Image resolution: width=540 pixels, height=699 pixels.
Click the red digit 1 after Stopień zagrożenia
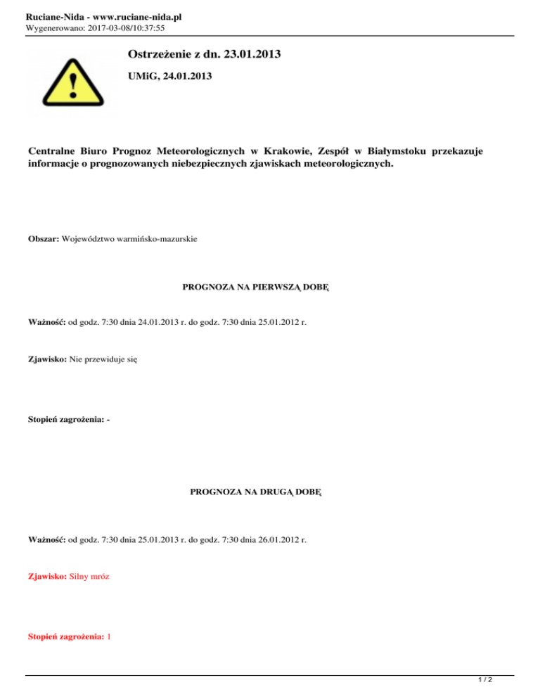pos(109,636)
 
